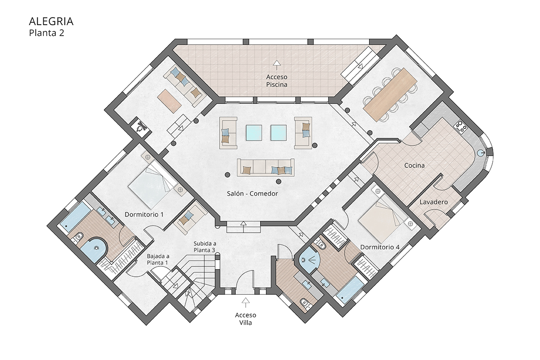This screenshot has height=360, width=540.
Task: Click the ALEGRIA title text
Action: tap(51, 21)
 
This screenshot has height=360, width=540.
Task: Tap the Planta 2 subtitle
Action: tap(47, 32)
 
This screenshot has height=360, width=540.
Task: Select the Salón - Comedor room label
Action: tap(252, 193)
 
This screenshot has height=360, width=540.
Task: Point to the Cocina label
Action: tap(414, 166)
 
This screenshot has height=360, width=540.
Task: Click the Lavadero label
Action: tap(434, 202)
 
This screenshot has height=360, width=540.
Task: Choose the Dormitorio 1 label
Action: tap(144, 215)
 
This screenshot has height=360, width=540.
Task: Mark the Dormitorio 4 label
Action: tap(380, 247)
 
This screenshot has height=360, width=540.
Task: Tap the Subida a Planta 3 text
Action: tap(205, 247)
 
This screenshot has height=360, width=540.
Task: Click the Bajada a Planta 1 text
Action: tap(157, 260)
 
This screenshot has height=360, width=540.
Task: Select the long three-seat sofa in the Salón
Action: tap(265, 167)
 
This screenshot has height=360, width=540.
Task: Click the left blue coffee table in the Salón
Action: tap(256, 132)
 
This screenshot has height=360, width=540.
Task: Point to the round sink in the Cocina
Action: tap(484, 152)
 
